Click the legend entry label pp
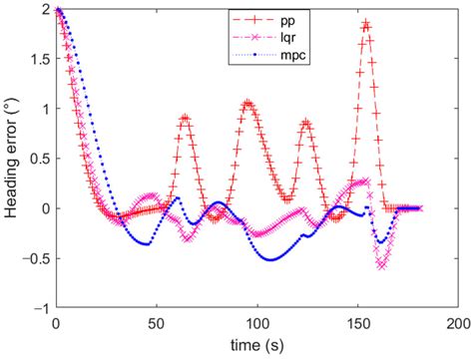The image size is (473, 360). pyautogui.click(x=290, y=18)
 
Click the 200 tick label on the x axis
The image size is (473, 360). pyautogui.click(x=458, y=326)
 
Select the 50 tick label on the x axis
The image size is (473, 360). pyautogui.click(x=155, y=326)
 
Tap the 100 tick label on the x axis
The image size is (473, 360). pyautogui.click(x=255, y=326)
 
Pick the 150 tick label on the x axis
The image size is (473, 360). pyautogui.click(x=356, y=326)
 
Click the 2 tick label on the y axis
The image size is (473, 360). pyautogui.click(x=43, y=9)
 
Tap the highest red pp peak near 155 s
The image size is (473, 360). pyautogui.click(x=366, y=22)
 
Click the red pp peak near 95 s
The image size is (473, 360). pyautogui.click(x=246, y=102)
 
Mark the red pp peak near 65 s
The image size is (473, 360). pyautogui.click(x=185, y=117)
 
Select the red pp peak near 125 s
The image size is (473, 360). pyautogui.click(x=306, y=122)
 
